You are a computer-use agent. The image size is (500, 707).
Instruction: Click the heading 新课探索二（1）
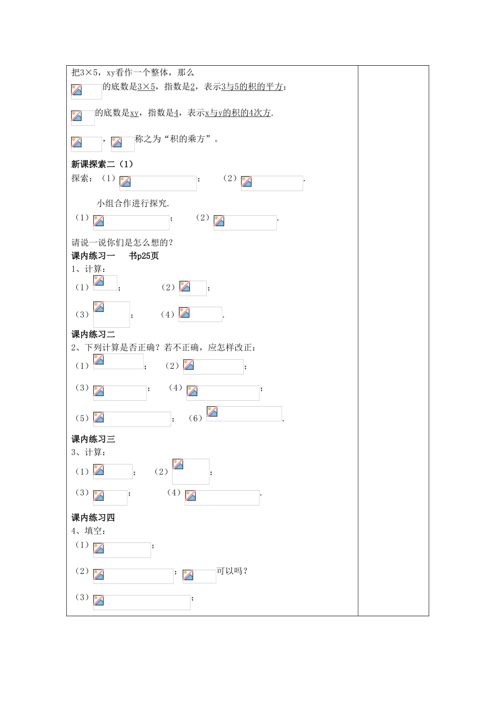(102, 164)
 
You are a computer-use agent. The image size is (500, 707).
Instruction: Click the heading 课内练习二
(93, 334)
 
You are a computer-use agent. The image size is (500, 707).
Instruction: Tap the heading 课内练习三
(93, 439)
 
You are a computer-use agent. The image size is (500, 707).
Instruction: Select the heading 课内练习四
(93, 517)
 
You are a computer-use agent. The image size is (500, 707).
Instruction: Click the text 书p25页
(144, 256)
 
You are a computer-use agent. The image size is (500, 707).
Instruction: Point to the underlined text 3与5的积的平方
(252, 87)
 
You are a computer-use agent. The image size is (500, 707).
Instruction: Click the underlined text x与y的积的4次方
(238, 113)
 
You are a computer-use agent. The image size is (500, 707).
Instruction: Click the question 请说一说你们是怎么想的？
(123, 243)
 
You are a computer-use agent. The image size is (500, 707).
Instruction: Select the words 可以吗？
(232, 571)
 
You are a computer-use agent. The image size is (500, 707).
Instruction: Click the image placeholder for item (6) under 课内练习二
(244, 413)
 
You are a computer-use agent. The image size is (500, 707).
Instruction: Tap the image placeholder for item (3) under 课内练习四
(142, 602)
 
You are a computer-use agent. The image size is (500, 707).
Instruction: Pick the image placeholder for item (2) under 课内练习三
(191, 471)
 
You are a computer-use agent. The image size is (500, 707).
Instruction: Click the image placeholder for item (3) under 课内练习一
(112, 314)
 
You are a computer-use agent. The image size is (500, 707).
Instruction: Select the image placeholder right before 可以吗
(199, 576)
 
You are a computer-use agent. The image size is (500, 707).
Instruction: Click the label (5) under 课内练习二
(82, 418)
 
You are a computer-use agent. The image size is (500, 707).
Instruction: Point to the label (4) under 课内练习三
(174, 493)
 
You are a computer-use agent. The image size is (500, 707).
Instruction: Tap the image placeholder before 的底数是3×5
(86, 91)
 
